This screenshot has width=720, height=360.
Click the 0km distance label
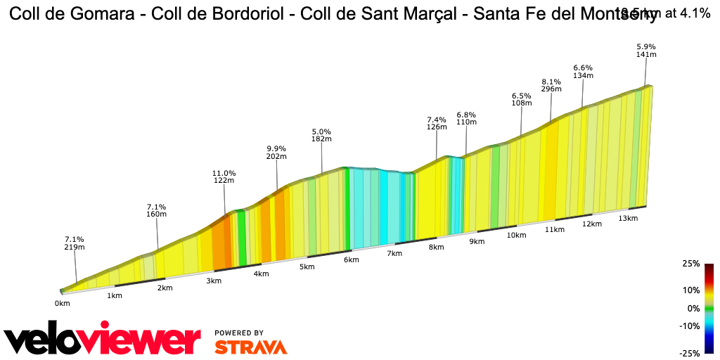(x=63, y=303)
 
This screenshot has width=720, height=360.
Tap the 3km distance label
(x=214, y=281)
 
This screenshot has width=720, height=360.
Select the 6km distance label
(x=352, y=260)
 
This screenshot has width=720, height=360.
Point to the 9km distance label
(x=477, y=242)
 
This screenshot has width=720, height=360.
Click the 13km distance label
(x=628, y=219)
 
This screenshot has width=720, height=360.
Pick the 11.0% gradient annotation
(x=224, y=173)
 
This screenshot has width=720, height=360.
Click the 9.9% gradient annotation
(x=276, y=148)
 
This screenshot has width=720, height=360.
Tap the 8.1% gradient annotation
(x=551, y=81)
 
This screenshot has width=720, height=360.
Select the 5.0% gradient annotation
(x=321, y=131)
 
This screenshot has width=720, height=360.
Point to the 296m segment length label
(x=551, y=89)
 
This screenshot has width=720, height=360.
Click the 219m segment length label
(x=74, y=247)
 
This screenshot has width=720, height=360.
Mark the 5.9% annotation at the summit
(x=645, y=46)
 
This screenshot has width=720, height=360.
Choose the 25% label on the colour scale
(x=690, y=264)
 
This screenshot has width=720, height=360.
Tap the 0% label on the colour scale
(x=693, y=308)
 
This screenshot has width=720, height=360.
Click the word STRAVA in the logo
(x=250, y=347)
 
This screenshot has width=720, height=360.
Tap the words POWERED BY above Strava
(x=239, y=333)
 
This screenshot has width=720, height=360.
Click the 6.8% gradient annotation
(x=466, y=114)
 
